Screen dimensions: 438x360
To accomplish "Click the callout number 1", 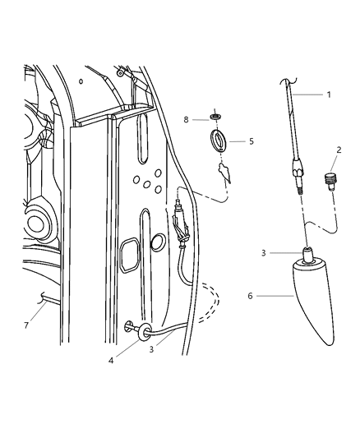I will (x=329, y=95).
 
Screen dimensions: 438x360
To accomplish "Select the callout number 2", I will (x=337, y=150).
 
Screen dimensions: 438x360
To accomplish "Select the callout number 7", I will (x=187, y=119).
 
